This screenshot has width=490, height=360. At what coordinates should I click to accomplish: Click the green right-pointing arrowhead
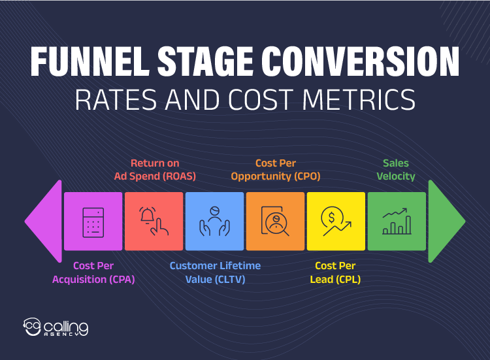click(446, 221)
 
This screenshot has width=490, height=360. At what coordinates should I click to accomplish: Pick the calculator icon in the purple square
click(93, 221)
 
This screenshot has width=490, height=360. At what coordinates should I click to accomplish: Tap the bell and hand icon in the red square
click(154, 221)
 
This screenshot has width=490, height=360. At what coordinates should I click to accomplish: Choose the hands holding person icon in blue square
click(214, 221)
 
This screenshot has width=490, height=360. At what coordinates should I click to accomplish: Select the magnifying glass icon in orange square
click(275, 221)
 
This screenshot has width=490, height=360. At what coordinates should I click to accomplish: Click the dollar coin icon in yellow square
click(336, 221)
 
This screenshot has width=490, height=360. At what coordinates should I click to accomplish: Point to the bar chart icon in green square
click(397, 221)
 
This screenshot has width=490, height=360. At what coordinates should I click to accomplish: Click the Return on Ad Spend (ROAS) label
click(154, 169)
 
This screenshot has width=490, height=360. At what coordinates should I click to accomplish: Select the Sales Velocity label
click(396, 169)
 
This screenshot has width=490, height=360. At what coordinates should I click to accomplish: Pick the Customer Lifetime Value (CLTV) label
click(215, 272)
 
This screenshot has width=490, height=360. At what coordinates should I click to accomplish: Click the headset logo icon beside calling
click(32, 327)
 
